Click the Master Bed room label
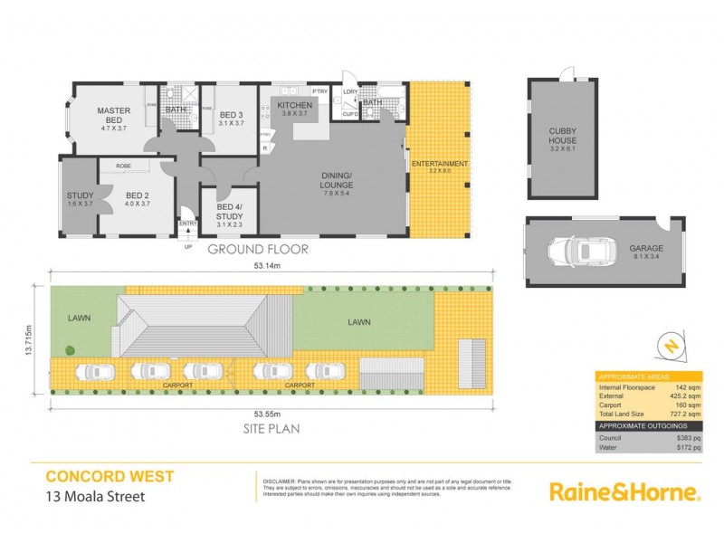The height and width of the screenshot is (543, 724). (114, 116)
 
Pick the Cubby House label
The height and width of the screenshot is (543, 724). (562, 137)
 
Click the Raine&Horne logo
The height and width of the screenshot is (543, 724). (624, 492)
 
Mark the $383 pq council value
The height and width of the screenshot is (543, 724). (688, 437)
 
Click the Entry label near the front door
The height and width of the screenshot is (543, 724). (188, 223)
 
